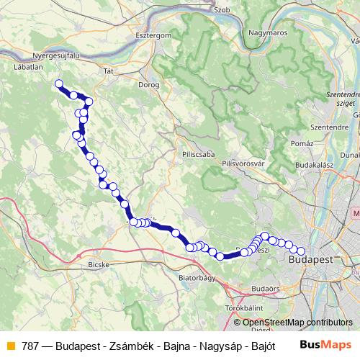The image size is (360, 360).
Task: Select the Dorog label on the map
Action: pyautogui.click(x=150, y=84)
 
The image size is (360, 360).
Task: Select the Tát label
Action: pyautogui.click(x=109, y=71)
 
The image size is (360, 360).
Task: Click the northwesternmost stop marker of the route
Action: pyautogui.click(x=59, y=84)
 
